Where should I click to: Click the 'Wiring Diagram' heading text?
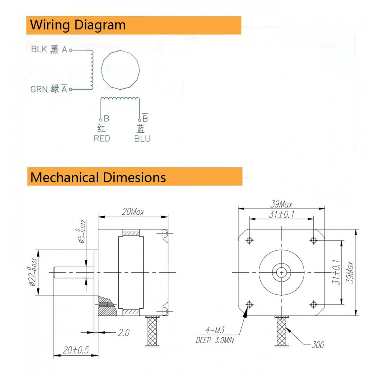coord(78,25)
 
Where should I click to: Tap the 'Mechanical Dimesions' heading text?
coord(98,177)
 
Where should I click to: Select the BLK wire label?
coord(39,49)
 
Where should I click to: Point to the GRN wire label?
coord(39,89)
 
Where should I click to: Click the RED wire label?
coord(102,138)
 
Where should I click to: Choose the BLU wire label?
coord(142,139)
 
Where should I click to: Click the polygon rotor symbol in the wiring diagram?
coord(120,70)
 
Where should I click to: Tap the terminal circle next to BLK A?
coord(71,50)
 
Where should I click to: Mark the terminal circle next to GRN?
coord(71,89)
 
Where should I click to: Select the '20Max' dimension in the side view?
coord(133,212)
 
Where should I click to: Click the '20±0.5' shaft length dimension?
coord(76,350)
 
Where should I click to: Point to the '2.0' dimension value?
coord(124,333)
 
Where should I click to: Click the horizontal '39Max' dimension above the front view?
coord(281,204)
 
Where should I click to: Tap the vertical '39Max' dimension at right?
coord(350,272)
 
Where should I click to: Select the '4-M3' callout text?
coord(215,330)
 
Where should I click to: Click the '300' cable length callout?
coord(318,345)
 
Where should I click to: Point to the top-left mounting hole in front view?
coord(250,240)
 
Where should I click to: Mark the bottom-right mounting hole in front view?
coord(314,305)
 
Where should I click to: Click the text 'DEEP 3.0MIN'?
coord(215,340)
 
